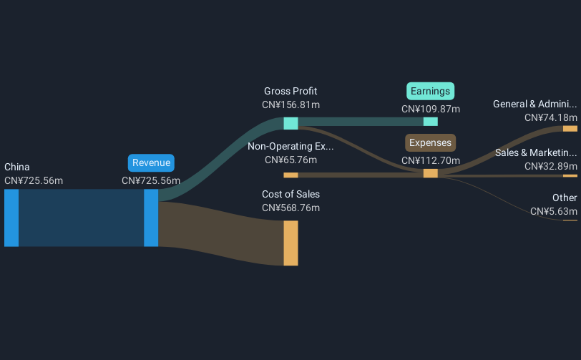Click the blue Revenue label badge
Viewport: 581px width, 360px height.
[x=151, y=162]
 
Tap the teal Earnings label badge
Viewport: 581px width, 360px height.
[x=430, y=91]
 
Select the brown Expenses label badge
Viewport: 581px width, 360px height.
[x=430, y=142]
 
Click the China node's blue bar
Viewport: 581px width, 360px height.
[x=11, y=218]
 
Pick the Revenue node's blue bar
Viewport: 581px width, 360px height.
[x=151, y=218]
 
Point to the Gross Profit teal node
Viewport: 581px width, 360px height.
[x=291, y=123]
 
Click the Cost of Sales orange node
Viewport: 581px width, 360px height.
[x=291, y=243]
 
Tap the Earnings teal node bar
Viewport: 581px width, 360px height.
[x=431, y=121]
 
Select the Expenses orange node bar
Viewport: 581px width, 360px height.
[x=431, y=173]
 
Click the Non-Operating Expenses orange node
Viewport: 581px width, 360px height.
[x=291, y=175]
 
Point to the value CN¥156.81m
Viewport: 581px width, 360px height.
[x=291, y=105]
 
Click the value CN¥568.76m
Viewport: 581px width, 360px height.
[x=291, y=208]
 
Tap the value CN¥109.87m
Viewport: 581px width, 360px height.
[x=431, y=109]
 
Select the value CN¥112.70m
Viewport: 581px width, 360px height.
[x=431, y=160]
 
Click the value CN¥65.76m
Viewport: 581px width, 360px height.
[x=291, y=160]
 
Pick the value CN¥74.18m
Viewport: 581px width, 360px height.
[x=551, y=118]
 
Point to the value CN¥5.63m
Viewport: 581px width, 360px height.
[x=554, y=211]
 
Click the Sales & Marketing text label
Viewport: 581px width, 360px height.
[x=536, y=152]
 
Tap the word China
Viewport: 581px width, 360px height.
[x=17, y=167]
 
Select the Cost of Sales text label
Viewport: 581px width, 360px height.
[x=291, y=194]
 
